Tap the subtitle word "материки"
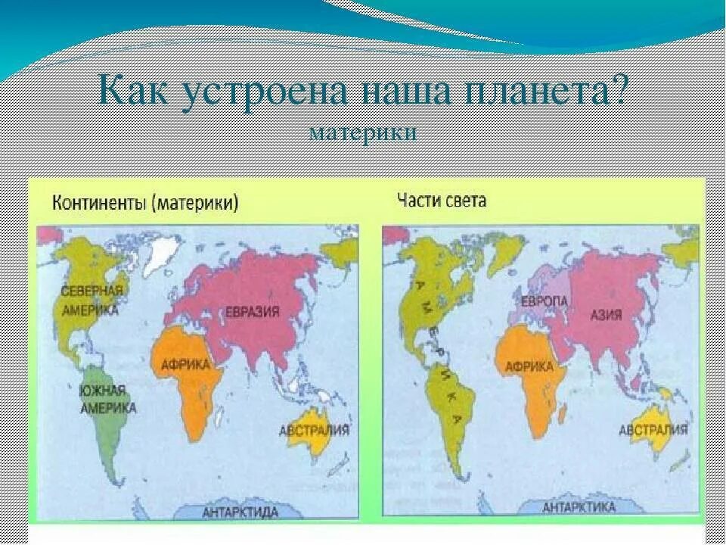tap(362, 132)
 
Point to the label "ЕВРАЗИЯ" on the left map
tap(252, 311)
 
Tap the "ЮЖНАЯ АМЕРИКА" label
tap(107, 399)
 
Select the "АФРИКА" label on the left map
tap(185, 364)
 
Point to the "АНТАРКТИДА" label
tap(240, 512)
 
